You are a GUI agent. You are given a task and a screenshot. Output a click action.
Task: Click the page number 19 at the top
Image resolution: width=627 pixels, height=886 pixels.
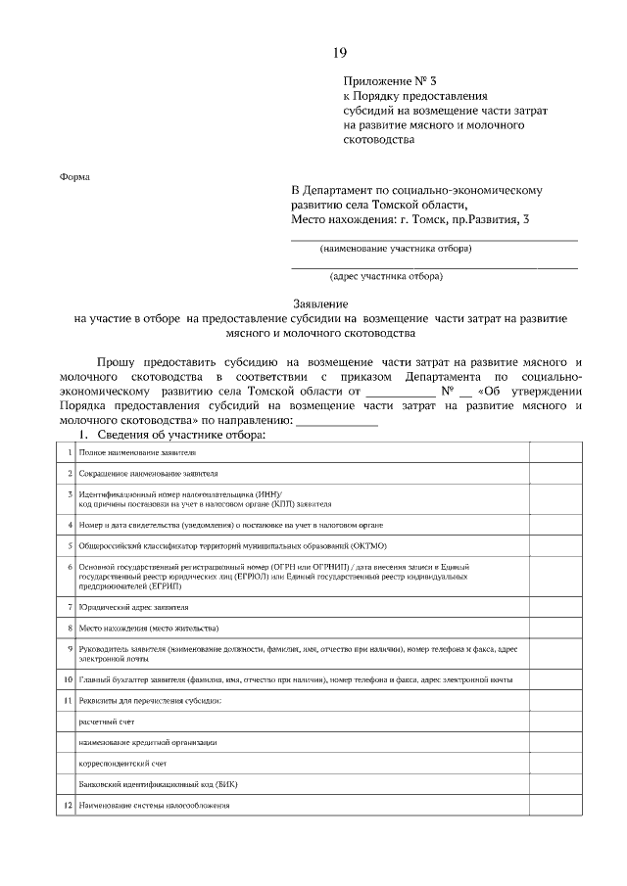coord(339,53)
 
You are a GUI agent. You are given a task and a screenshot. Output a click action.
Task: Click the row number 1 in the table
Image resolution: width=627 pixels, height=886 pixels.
coord(69,453)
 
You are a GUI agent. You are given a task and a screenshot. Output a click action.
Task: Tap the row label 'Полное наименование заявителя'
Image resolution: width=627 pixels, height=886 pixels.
coord(138,453)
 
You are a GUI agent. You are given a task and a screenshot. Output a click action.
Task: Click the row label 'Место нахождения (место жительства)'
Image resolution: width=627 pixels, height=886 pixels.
coord(149,628)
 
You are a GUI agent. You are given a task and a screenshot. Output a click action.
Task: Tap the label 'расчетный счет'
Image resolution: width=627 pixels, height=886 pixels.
coord(108,721)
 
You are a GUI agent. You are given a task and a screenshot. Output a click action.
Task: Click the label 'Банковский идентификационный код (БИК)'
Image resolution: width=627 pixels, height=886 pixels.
coord(158,784)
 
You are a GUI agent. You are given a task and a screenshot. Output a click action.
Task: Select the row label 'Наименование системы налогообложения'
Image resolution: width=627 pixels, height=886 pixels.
coord(155,806)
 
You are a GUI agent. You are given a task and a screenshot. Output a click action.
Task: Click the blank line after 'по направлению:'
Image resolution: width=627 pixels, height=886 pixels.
coord(336,421)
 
